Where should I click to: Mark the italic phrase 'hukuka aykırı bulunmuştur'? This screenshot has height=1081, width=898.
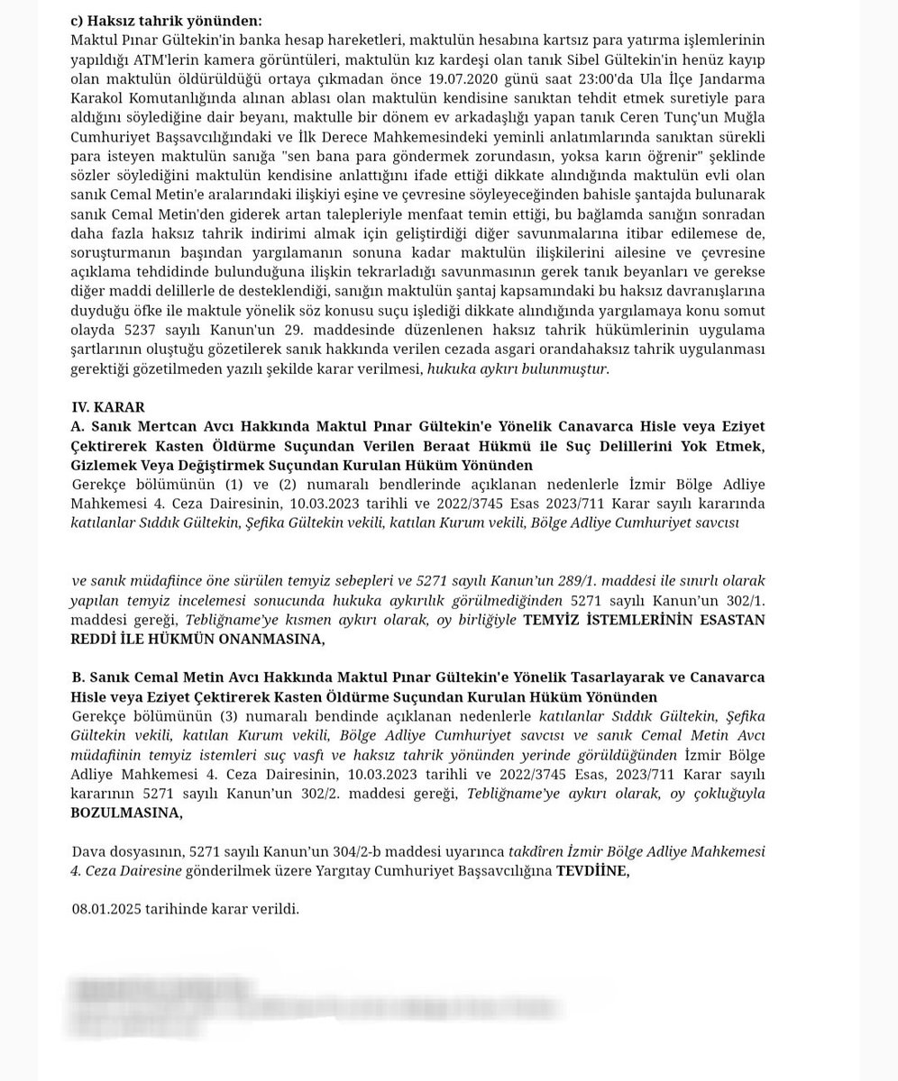click(518, 368)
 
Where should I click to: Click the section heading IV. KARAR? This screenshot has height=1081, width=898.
click(108, 407)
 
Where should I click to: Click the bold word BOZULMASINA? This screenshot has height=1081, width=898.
click(125, 813)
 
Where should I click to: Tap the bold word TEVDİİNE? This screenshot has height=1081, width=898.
click(592, 871)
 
